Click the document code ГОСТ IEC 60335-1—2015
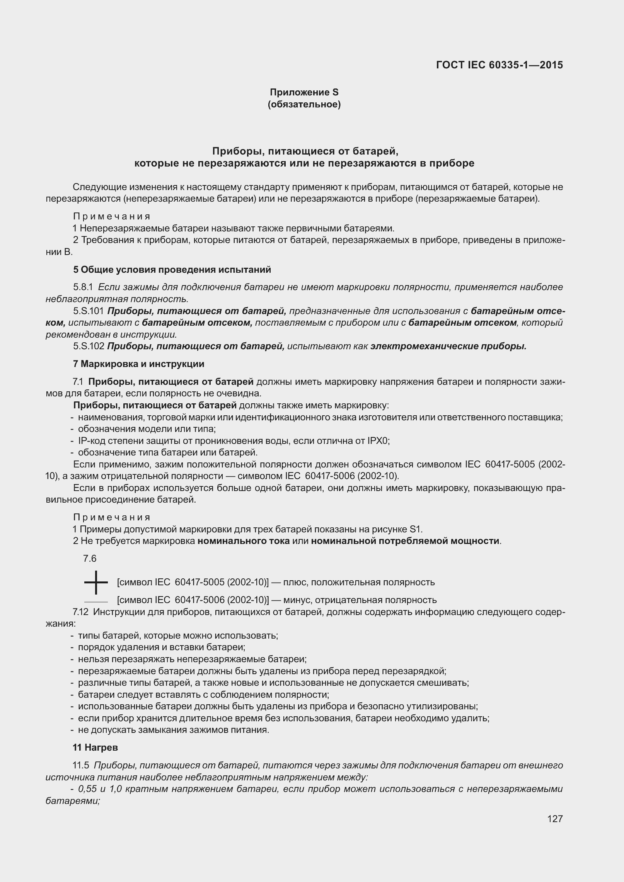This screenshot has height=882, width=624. [x=499, y=65]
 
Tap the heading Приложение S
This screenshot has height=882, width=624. [x=304, y=92]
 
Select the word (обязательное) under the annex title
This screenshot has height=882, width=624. [x=304, y=104]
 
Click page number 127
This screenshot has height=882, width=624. [x=555, y=829]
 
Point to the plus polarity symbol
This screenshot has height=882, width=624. [x=95, y=582]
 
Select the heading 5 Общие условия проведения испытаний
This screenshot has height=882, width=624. [x=172, y=270]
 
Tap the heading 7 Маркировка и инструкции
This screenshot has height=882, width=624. [x=138, y=364]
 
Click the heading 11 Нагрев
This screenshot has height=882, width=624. [x=95, y=748]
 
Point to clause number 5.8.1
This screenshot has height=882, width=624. [x=83, y=287]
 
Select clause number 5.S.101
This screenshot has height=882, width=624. [x=89, y=311]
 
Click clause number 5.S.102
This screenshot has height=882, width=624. [x=89, y=346]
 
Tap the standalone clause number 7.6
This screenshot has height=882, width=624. [x=90, y=559]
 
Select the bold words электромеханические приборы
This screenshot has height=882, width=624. [x=448, y=346]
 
